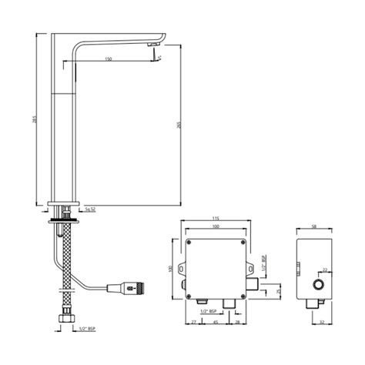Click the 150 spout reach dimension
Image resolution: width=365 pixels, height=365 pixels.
click(x=108, y=58)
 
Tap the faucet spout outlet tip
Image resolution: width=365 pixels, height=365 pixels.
click(x=155, y=53)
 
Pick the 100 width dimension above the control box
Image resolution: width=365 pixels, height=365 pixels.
click(x=216, y=228)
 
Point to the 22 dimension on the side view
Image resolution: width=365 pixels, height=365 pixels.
click(x=324, y=270)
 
